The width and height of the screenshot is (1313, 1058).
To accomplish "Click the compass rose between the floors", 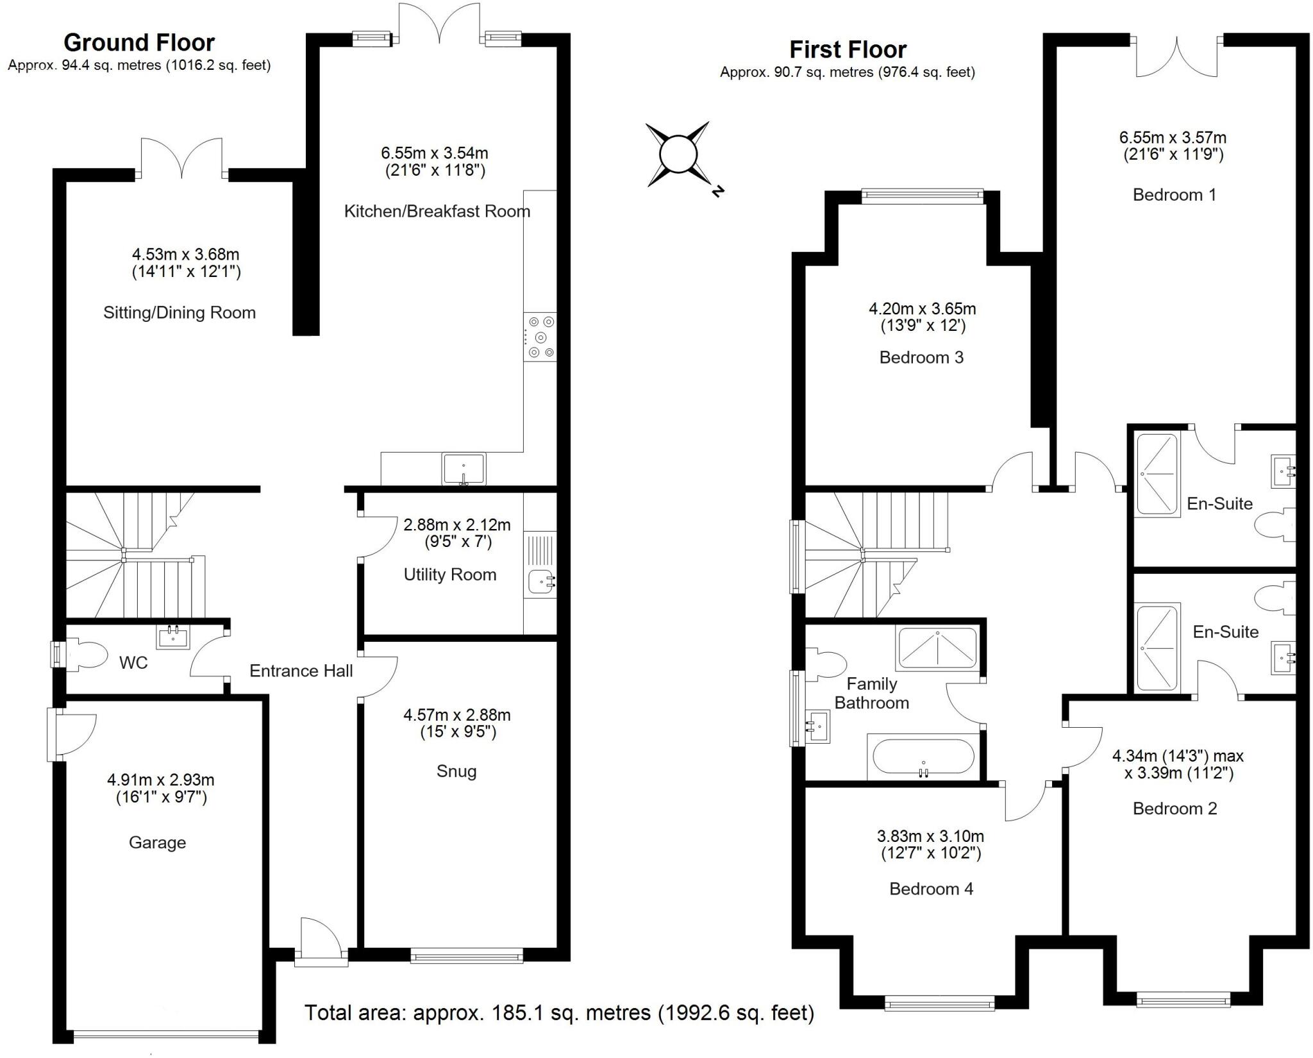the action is (678, 155).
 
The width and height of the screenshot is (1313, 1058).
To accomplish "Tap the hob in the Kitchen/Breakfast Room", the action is (540, 337).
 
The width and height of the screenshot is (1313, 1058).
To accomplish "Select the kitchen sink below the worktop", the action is (464, 468).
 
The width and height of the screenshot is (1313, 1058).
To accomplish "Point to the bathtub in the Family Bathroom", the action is (923, 757).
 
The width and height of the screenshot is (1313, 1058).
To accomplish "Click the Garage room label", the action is (157, 843).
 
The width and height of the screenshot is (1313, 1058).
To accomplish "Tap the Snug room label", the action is (456, 771).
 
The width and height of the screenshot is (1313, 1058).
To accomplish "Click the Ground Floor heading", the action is (139, 42).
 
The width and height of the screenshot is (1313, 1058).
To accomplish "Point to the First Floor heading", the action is (848, 49).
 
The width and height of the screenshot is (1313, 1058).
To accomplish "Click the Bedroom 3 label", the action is (921, 357).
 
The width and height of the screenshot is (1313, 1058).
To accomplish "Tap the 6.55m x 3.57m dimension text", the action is (1173, 137).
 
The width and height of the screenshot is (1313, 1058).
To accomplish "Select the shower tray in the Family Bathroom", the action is (937, 648).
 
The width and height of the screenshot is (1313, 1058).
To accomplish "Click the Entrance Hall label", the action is (301, 671).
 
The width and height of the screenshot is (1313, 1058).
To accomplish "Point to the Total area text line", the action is (559, 1012).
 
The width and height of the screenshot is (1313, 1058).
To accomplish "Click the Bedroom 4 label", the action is (931, 889).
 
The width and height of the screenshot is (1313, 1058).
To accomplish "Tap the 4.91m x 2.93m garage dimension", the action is (160, 780).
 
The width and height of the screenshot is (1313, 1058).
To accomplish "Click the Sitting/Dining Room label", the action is (180, 313).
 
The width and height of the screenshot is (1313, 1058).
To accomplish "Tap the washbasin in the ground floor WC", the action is (173, 637).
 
